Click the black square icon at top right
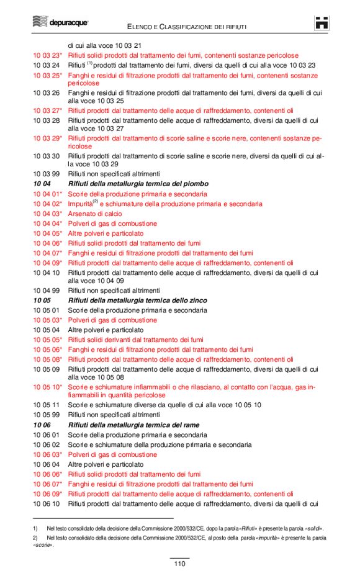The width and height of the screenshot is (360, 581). [322, 23]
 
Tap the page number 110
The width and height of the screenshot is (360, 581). [179, 564]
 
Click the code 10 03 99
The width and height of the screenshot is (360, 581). [46, 174]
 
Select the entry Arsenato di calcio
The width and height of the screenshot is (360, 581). [94, 214]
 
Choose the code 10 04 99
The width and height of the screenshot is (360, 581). [46, 290]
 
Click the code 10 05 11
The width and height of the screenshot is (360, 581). [46, 405]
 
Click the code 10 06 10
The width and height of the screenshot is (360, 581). [46, 503]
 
